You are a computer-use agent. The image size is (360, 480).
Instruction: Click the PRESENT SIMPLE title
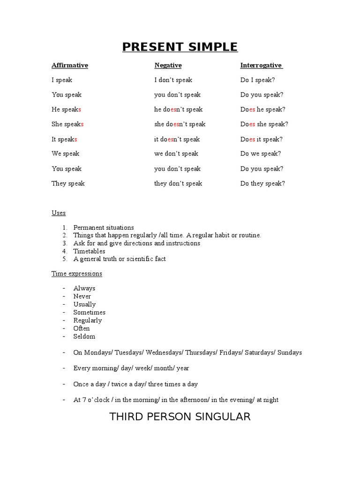[180, 47]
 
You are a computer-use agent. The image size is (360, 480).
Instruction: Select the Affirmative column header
[70, 65]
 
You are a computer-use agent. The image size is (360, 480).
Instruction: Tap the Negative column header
[168, 65]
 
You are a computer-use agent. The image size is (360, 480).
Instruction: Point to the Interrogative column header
[261, 65]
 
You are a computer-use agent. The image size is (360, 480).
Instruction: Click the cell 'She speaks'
[67, 124]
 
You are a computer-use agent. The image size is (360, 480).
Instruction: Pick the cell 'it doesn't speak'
[177, 139]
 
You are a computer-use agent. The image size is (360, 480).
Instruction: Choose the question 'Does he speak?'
[263, 109]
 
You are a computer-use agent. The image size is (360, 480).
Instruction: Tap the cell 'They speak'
[68, 183]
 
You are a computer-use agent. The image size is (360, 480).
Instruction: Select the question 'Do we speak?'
[261, 153]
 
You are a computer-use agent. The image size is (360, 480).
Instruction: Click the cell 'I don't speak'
[173, 80]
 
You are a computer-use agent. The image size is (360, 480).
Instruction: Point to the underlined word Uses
[59, 213]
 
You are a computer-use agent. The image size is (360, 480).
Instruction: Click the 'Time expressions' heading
[77, 273]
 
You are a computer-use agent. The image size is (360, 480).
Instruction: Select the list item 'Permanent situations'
[104, 227]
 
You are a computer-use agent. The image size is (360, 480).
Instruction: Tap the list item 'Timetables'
[89, 251]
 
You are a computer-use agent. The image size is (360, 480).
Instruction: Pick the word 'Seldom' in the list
[84, 336]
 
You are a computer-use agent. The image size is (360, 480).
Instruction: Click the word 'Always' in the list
[84, 288]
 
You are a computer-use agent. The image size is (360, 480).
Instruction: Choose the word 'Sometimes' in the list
[90, 312]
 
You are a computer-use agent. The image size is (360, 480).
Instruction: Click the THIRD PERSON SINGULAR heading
[180, 416]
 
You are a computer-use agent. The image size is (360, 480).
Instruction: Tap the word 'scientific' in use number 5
[136, 259]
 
